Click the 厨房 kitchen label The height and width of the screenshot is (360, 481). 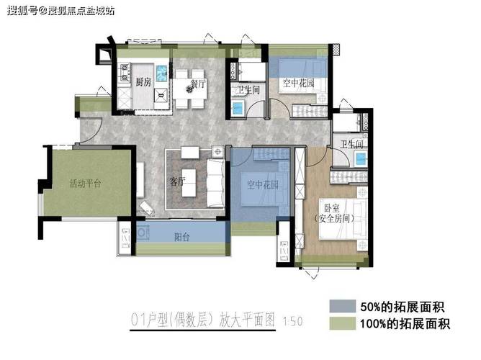143,82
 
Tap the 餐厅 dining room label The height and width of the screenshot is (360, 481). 198,84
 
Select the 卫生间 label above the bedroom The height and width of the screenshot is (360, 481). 352,144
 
